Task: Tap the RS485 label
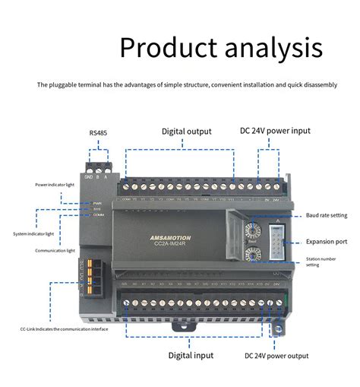pos(98,133)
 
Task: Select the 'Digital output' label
pos(186,132)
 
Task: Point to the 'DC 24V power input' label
pos(275,131)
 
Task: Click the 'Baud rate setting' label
pos(327,216)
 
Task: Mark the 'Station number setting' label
pos(323,262)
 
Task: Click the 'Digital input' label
pos(191,355)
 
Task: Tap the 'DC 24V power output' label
pos(276,355)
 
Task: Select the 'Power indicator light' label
pos(55,185)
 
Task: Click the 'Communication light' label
pos(55,250)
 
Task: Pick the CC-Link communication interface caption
pos(64,329)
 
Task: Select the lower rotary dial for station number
pos(253,255)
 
